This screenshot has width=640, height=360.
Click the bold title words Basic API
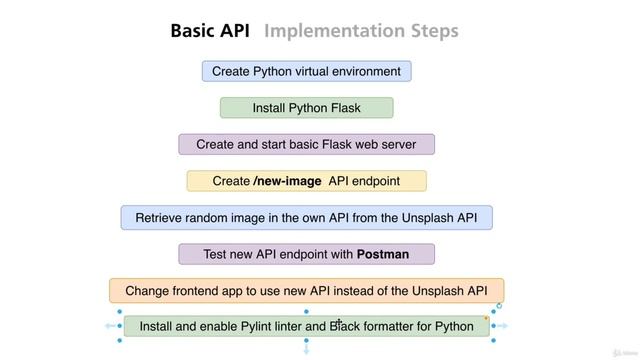(210, 31)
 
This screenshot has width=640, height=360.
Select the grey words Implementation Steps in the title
(361, 31)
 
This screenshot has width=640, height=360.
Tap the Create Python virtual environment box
(306, 71)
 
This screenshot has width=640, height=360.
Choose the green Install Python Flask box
(306, 108)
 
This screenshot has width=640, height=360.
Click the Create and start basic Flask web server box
(306, 144)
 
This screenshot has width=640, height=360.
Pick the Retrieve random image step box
(306, 217)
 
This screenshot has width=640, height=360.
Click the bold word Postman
(383, 254)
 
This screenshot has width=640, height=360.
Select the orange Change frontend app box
(306, 291)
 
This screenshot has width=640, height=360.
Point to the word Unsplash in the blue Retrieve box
(421, 217)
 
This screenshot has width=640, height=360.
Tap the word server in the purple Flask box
(396, 144)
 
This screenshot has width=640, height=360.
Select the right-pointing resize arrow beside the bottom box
(504, 326)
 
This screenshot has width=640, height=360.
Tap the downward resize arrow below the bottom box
(307, 351)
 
